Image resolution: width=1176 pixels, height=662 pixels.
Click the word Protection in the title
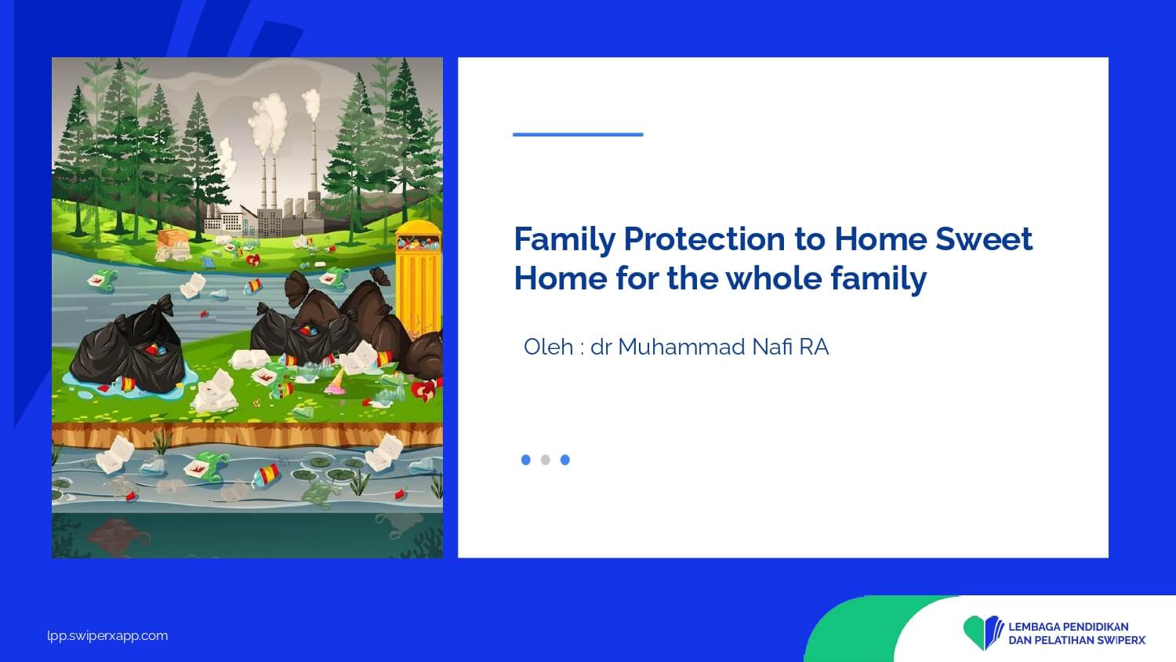pyautogui.click(x=705, y=239)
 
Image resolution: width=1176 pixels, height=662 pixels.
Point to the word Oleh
pyautogui.click(x=548, y=347)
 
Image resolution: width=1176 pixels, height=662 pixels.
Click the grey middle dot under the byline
pyautogui.click(x=546, y=460)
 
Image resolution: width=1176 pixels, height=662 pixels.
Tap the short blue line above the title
pyautogui.click(x=578, y=134)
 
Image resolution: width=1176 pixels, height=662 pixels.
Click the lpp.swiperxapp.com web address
pyautogui.click(x=107, y=636)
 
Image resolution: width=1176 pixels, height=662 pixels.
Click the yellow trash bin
pyautogui.click(x=419, y=278)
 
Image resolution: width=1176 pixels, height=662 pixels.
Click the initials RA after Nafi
pyautogui.click(x=814, y=347)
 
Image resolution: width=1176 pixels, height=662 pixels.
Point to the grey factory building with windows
pyautogui.click(x=270, y=223)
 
